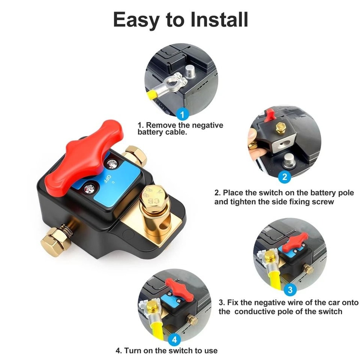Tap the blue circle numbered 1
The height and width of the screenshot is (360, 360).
183,115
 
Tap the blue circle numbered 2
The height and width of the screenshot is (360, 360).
285,176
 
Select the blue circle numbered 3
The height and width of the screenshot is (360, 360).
291,289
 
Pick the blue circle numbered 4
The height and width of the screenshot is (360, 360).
174,339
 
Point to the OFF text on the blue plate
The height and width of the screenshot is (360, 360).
105,178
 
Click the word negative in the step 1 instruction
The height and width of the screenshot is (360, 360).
204,125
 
